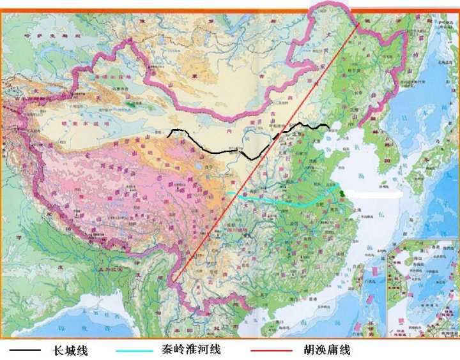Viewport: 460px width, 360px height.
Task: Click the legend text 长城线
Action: click(x=70, y=350)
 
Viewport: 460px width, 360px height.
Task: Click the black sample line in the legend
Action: click(x=25, y=350)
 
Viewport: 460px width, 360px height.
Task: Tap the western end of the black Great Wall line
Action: click(x=169, y=135)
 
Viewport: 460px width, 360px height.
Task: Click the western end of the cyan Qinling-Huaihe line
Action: click(x=227, y=192)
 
